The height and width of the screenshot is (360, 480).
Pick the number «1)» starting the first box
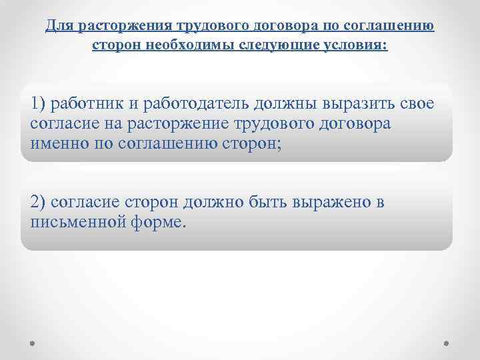tap(39, 104)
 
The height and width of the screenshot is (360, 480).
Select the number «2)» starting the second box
tap(39, 201)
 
